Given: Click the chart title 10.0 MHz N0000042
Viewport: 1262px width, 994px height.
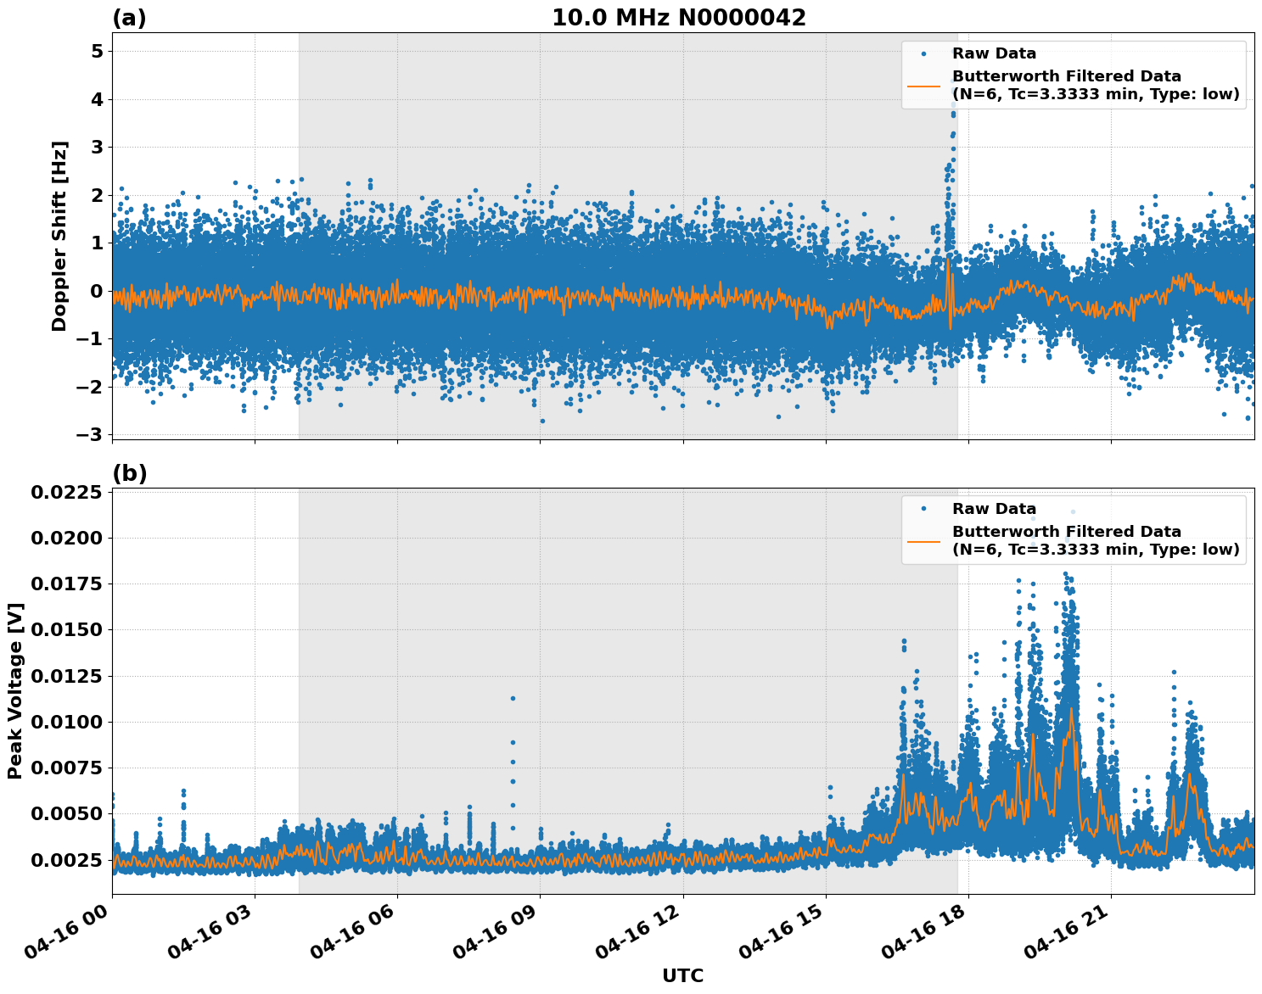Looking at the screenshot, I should point(678,18).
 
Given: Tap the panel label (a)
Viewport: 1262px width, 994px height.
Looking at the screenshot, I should point(129,18).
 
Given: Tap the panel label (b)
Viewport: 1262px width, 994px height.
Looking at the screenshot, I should point(130,473).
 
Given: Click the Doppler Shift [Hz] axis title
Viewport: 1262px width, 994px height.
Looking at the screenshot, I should point(59,236).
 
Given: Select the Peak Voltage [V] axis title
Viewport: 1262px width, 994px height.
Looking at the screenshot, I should point(15,690).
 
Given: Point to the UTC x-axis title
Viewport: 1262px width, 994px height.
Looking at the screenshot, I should point(682,975).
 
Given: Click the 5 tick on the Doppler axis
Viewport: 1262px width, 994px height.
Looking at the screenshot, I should point(97,52).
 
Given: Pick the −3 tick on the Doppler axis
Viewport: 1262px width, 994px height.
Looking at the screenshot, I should point(91,435).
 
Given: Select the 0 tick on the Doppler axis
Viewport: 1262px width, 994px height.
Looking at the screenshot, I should point(97,292).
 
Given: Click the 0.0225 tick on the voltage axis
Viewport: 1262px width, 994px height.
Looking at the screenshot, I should point(66,493).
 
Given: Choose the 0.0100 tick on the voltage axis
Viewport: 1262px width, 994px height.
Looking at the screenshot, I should point(66,722).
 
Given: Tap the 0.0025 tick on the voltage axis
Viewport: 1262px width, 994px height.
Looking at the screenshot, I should point(66,860).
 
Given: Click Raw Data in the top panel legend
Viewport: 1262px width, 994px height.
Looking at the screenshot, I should point(994,54).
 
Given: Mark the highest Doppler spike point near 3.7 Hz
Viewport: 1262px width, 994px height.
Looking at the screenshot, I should point(953,114).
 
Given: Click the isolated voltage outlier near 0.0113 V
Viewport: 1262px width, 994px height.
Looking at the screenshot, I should point(513,698).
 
